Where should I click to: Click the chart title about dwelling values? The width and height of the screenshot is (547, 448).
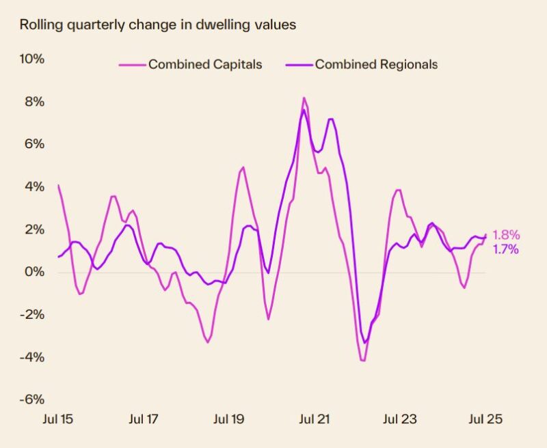point(158,26)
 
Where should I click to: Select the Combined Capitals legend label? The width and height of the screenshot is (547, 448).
point(205,65)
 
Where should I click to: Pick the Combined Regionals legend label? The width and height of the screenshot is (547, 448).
point(376,65)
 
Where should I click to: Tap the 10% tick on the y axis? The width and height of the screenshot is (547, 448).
point(32,59)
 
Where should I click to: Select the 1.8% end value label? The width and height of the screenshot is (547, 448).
point(505,236)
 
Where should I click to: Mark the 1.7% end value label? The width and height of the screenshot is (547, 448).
point(505,249)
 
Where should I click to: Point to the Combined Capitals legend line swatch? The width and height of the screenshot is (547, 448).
point(132,65)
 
